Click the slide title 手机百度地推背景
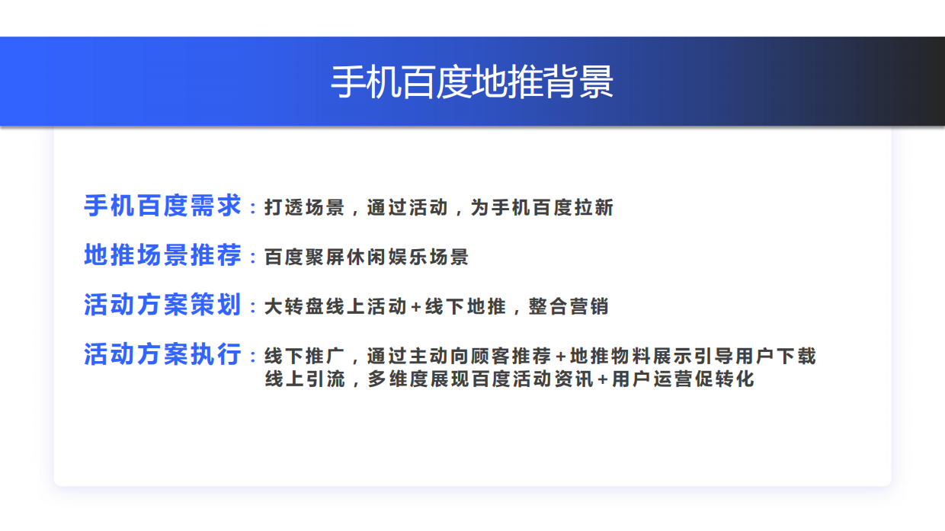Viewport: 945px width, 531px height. click(x=472, y=82)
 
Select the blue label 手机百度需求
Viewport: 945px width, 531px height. click(x=162, y=206)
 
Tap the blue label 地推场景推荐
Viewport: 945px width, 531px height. click(x=162, y=255)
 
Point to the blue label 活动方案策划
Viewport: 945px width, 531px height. click(x=162, y=305)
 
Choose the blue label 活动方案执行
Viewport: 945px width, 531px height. click(x=162, y=354)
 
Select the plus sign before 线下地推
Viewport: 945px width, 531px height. click(x=415, y=307)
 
